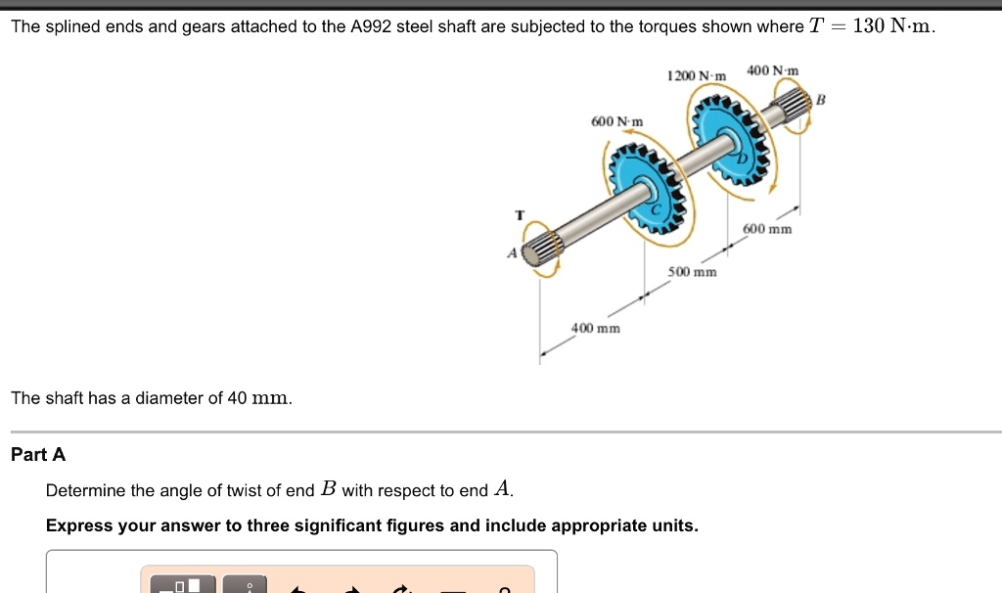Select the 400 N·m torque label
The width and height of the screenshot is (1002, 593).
773,70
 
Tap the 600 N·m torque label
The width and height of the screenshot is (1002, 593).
617,121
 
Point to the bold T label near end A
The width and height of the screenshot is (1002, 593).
520,214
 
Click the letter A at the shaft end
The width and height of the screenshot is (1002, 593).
511,252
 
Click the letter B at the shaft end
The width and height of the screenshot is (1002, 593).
821,100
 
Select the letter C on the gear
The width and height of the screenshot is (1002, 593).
659,207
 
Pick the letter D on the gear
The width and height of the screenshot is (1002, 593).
741,158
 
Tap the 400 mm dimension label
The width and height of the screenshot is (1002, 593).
596,328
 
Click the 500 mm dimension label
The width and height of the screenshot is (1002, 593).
692,271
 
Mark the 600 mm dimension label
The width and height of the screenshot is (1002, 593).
767,229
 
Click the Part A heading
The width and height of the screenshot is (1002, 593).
38,454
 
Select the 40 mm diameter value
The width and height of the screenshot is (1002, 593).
259,398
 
